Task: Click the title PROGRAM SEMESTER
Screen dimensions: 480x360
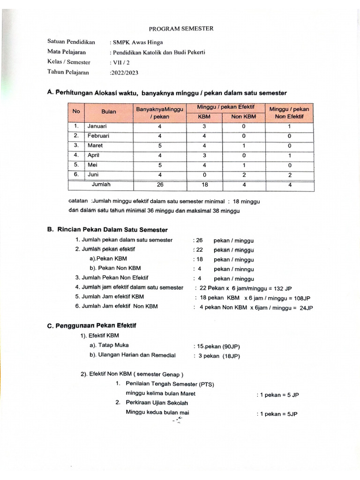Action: point(180,29)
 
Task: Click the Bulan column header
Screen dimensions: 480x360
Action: point(108,112)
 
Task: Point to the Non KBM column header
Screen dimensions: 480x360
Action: point(243,117)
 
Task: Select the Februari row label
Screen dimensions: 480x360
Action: point(98,136)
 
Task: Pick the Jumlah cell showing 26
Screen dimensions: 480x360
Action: point(160,185)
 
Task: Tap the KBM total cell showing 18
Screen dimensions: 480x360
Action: point(204,185)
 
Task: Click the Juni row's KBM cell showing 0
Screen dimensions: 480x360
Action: point(204,175)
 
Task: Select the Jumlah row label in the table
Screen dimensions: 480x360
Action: point(101,185)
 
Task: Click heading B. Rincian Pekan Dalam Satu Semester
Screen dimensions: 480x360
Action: point(107,230)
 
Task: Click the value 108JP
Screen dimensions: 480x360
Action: point(300,298)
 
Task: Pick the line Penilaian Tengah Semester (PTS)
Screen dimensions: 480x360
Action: point(170,384)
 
